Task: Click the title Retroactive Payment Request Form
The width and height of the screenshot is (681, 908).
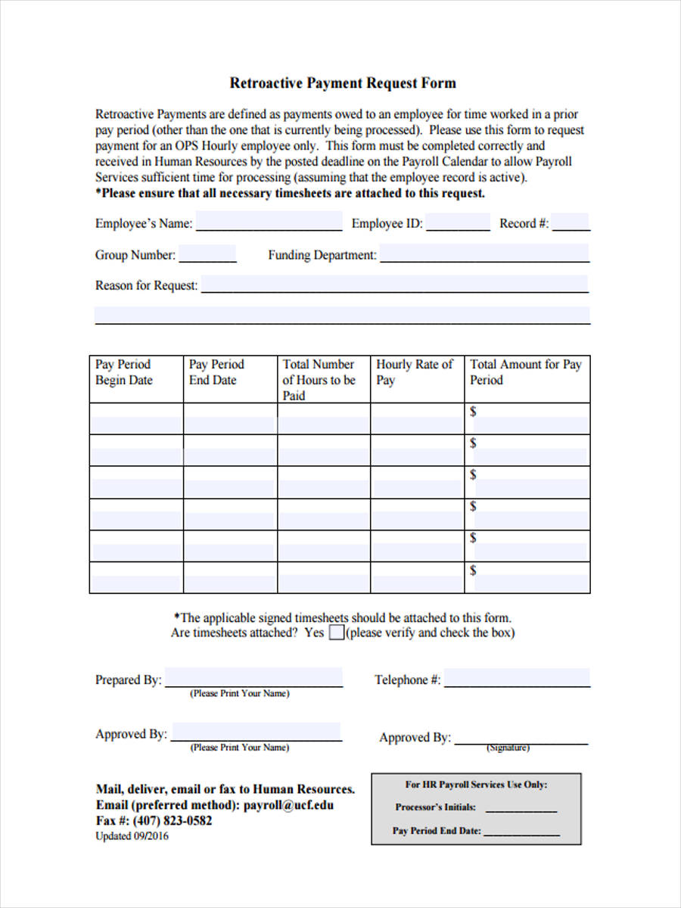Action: (343, 82)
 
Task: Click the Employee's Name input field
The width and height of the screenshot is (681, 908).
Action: (269, 222)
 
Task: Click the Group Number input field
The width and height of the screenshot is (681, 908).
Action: (207, 254)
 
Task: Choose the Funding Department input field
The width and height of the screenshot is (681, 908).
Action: (484, 254)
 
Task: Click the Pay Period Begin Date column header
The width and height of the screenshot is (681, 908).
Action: (124, 372)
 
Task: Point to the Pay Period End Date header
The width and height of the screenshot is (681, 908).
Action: (216, 372)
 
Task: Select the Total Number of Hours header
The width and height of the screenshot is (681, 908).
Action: (319, 379)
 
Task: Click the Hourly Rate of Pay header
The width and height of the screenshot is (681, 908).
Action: (414, 372)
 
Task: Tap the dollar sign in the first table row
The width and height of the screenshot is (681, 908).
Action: (474, 412)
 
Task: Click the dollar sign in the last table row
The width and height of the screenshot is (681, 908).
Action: (474, 570)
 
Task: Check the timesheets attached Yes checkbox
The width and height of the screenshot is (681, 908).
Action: (337, 633)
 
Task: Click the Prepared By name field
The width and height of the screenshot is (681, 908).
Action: (254, 678)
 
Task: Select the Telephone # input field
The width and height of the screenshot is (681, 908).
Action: (517, 678)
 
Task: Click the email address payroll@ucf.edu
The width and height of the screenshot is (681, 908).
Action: (288, 805)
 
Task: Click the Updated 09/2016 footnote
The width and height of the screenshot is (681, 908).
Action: (132, 836)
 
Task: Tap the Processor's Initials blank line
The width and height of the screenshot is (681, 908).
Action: (521, 808)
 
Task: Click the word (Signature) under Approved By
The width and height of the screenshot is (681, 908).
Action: (507, 748)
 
